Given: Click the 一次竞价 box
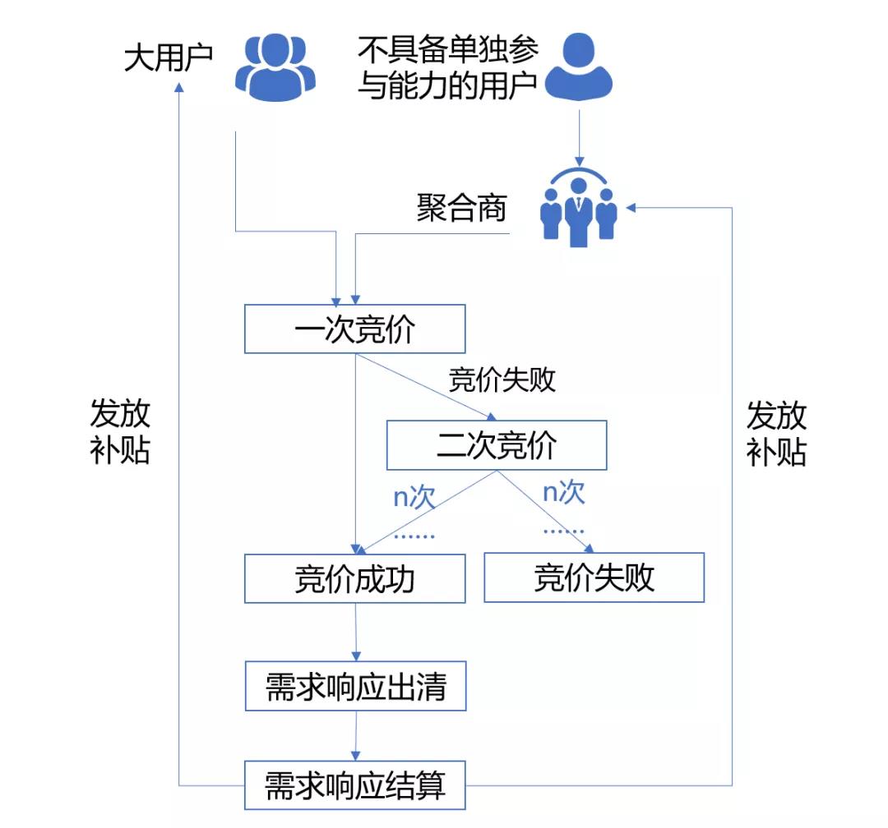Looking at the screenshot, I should pos(354,329).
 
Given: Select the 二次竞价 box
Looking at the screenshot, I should pos(497,445).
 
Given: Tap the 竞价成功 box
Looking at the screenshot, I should pos(354,578).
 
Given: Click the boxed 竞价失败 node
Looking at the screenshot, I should pos(594,577).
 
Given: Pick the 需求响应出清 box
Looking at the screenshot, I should pos(355,687).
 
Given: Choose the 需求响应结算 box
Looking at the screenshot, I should pos(355,785).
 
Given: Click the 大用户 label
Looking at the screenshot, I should pos(168,58).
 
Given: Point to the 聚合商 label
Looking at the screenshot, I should pos(461,209).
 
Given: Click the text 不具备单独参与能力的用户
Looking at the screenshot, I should pos(448,67).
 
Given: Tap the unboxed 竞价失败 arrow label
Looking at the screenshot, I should pos(502,380).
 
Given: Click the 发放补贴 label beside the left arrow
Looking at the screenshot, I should pos(120,433).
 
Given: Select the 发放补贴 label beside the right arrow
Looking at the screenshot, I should pos(776,433).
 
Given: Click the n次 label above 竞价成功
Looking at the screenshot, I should pos(412,497).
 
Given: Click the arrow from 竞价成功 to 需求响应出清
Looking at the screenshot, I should pos(355,632).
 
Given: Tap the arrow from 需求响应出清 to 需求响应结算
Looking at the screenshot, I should pos(355,736).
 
